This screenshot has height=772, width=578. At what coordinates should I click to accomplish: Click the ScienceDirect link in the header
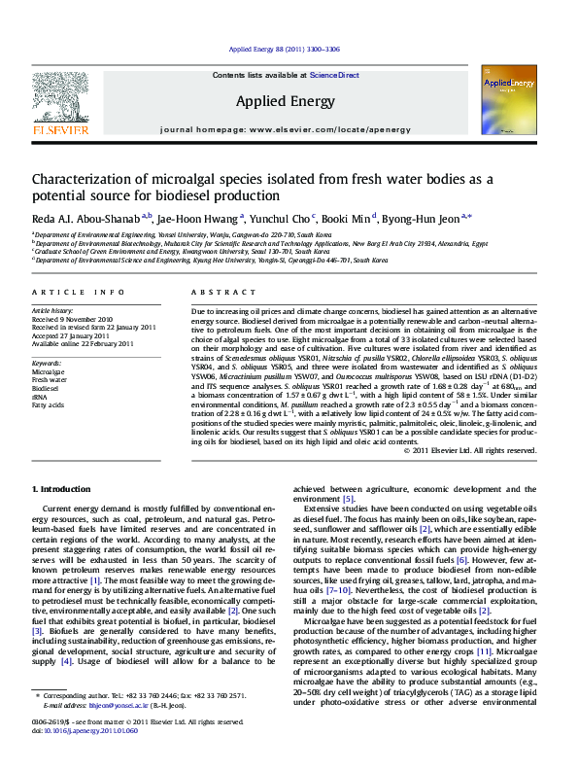coord(334,75)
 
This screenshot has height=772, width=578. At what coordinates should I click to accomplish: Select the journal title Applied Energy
coord(286,100)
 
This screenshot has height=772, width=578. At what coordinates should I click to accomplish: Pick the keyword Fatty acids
coord(48,404)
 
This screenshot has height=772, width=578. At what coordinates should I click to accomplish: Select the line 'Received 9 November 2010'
coord(72,319)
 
